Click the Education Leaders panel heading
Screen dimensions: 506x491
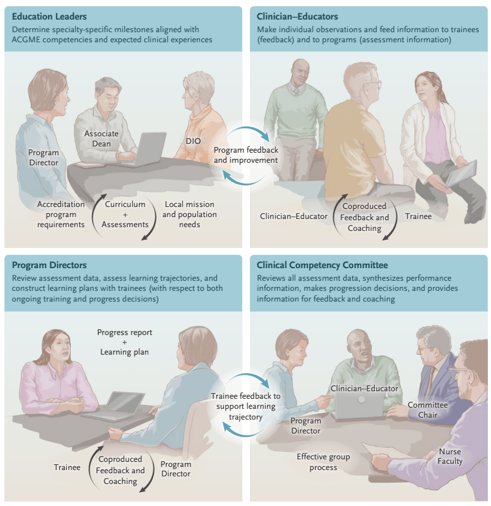49,16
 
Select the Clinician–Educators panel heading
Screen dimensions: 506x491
298,16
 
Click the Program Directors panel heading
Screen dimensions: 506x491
49,265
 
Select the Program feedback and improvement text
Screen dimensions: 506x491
245,155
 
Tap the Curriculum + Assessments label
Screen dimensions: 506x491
125,215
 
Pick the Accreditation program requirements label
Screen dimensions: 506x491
61,215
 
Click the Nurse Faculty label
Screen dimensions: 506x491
451,456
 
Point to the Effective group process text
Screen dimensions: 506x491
323,462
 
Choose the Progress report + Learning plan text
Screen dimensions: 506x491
124,342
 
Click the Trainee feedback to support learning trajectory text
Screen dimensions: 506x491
245,406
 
